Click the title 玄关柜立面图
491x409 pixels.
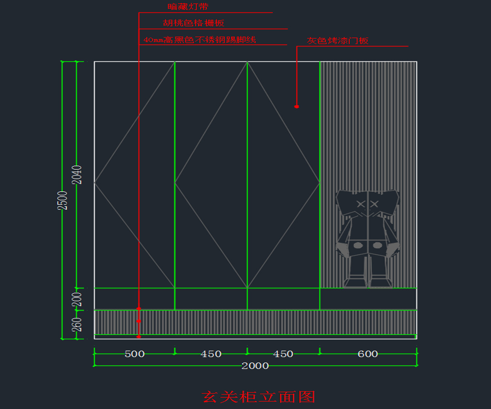pos(259,397)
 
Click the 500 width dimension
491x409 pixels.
pos(135,354)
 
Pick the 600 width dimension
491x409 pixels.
pos(368,354)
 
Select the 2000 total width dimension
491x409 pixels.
pos(255,366)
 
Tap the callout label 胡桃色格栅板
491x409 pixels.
pos(193,23)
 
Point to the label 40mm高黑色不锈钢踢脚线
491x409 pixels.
pos(200,40)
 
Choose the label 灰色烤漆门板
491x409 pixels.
pos(338,41)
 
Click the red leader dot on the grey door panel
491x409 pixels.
pos(297,107)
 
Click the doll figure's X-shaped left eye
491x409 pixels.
pos(360,204)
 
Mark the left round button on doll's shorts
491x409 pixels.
pos(358,245)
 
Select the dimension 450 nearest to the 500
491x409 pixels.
pos(211,354)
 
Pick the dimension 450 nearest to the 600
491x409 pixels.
pos(283,354)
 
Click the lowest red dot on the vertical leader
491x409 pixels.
pos(139,337)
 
